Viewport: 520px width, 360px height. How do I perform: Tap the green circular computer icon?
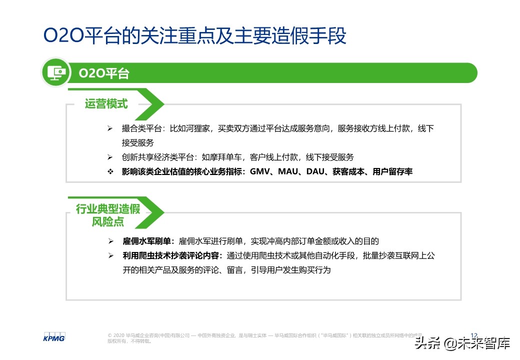[x=55, y=73]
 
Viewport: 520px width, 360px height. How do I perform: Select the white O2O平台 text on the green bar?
[x=104, y=73]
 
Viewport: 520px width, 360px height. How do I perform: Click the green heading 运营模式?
[x=106, y=103]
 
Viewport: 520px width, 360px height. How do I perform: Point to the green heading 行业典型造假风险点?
[x=107, y=215]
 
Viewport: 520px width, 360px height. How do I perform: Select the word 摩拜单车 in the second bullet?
[x=226, y=157]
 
